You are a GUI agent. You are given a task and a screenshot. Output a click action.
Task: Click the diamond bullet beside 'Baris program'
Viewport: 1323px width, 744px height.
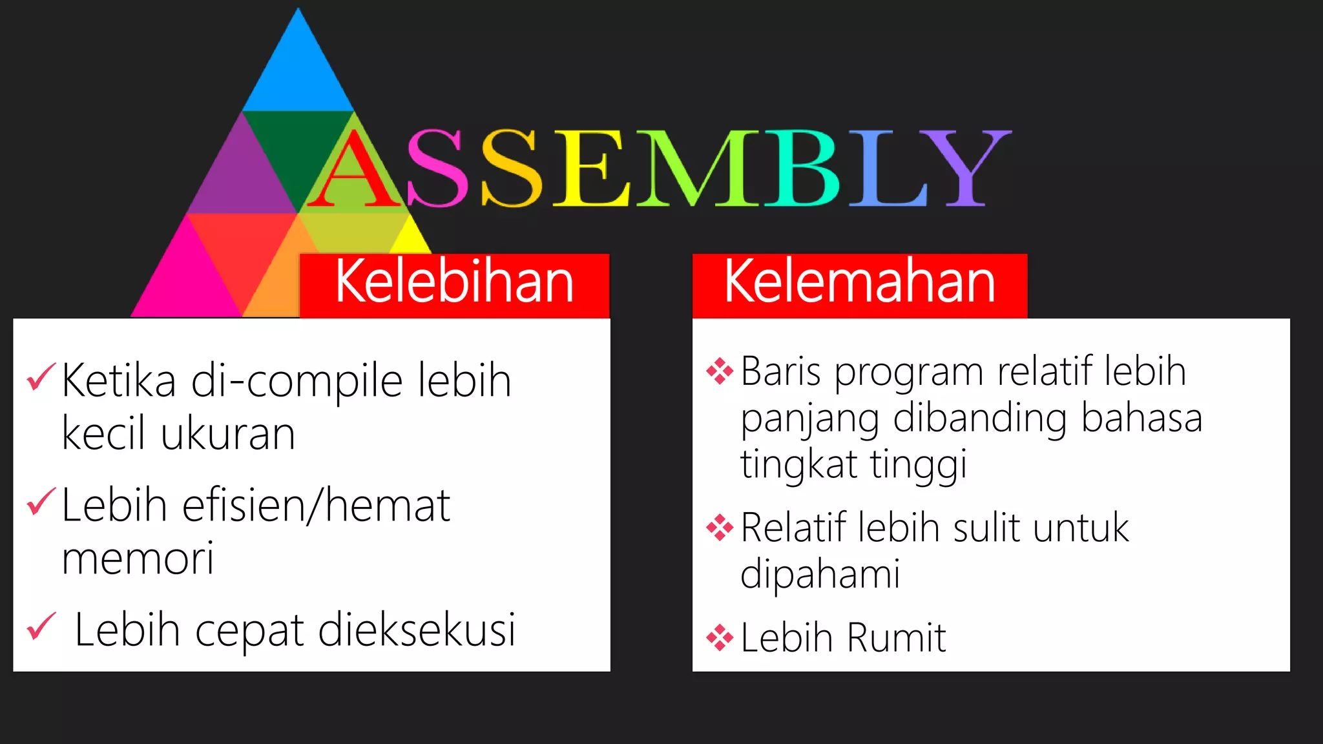click(720, 371)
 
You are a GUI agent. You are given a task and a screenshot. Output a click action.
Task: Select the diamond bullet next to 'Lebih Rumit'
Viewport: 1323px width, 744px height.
click(720, 638)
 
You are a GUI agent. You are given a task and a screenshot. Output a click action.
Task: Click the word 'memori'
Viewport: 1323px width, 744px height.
click(138, 559)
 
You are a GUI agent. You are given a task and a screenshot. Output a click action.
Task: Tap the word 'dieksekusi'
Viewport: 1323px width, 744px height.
click(417, 630)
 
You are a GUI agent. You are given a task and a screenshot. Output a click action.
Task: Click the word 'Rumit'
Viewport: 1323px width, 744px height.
click(896, 638)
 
